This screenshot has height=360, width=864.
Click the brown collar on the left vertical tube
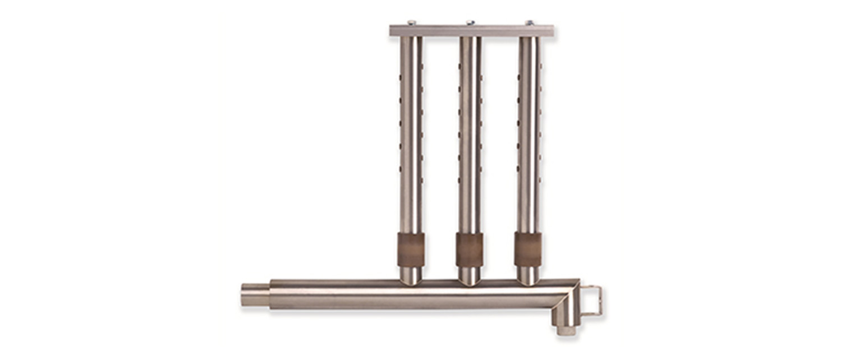click(411, 250)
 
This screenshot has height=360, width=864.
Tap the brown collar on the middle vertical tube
click(469, 250)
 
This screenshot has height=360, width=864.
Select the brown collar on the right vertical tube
click(527, 250)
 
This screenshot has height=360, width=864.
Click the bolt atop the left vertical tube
click(412, 22)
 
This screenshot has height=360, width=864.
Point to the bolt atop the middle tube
click(470, 22)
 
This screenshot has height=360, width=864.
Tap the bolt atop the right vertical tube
click(529, 22)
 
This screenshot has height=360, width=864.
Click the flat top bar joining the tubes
click(471, 31)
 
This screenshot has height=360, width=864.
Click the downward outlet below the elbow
click(566, 327)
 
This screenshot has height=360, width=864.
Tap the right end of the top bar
click(550, 31)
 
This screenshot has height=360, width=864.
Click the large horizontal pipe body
click(415, 295)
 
